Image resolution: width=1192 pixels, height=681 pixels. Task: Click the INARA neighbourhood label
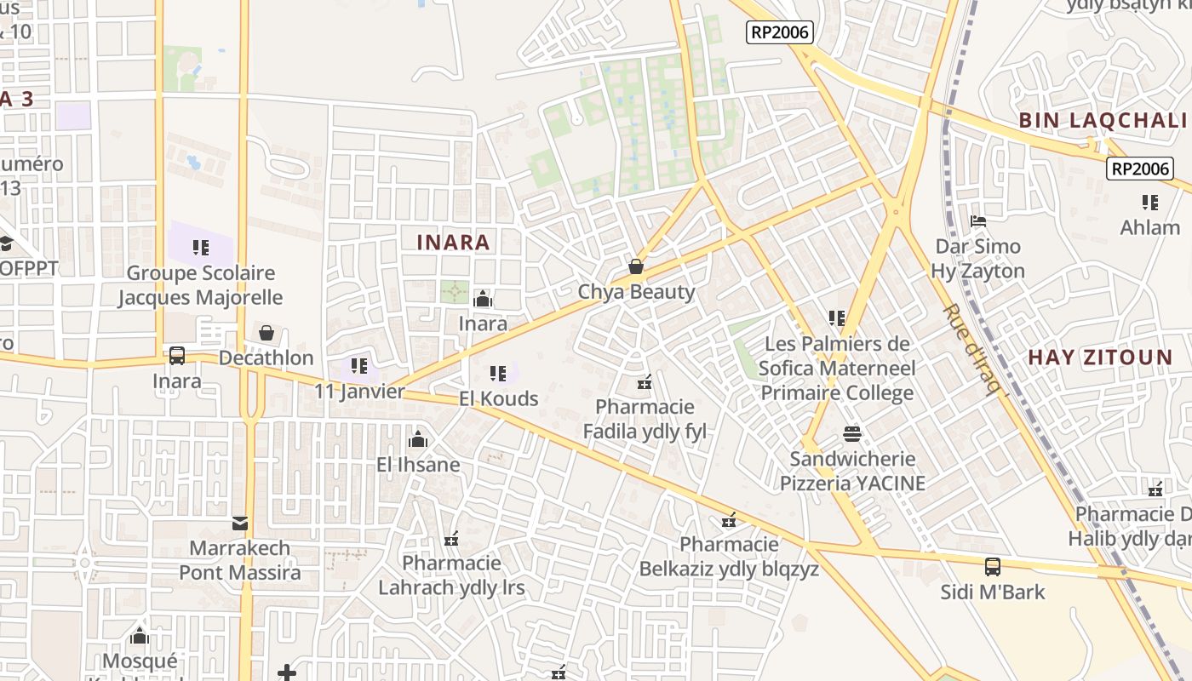453,243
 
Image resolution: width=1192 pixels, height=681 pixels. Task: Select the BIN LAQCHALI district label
1103,120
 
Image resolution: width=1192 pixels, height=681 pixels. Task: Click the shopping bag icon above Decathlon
266,332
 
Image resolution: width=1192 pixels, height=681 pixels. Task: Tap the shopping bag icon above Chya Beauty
635,266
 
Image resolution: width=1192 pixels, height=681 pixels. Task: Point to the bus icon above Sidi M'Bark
992,566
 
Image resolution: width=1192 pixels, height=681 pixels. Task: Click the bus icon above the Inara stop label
177,356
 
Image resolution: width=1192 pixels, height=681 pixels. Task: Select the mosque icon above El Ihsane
418,439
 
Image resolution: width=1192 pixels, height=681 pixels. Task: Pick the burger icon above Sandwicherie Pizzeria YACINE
852,433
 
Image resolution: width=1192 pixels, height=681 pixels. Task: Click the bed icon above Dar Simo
977,221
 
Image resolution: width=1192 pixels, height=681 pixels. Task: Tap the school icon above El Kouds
498,373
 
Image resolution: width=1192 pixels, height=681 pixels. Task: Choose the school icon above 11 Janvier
359,366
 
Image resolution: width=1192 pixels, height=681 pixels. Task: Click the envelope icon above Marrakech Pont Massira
240,523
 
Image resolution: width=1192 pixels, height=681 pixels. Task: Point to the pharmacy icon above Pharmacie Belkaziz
729,519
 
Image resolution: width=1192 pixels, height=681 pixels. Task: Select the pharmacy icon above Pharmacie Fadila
645,381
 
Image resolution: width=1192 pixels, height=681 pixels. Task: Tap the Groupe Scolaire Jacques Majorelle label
200,285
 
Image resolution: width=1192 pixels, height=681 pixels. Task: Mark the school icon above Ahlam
1150,203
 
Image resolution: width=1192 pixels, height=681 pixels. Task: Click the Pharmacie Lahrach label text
451,575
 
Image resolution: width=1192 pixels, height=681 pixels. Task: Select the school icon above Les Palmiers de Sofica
837,318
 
